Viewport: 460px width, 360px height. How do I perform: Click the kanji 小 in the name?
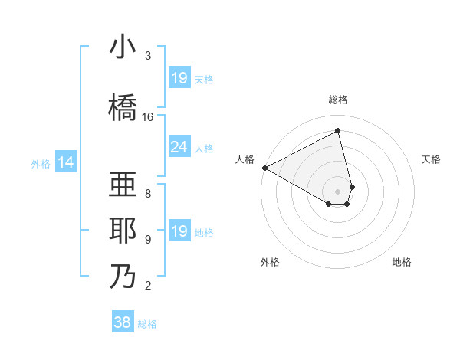(122, 48)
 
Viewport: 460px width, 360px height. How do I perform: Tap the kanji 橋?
(122, 106)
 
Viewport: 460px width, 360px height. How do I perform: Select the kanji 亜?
(122, 185)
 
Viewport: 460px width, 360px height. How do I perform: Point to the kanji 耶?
(122, 231)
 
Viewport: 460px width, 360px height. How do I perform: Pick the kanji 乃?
(122, 275)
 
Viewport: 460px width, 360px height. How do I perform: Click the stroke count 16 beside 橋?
(148, 117)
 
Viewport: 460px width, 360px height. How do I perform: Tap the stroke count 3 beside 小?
(148, 57)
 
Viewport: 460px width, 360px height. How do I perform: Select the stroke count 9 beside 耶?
(148, 240)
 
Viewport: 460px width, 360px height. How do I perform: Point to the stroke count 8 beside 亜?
(148, 193)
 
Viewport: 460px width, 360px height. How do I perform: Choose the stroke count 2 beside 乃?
(148, 286)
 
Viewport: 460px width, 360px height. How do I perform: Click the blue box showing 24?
(179, 147)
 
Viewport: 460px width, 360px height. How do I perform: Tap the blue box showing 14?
(66, 162)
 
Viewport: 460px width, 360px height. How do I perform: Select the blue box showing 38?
(123, 322)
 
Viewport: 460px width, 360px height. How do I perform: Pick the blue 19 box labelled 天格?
(179, 77)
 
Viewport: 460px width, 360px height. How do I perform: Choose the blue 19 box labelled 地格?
(179, 231)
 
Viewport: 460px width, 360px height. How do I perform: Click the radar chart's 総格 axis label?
(338, 100)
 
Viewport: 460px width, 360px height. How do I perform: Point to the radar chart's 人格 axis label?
(245, 159)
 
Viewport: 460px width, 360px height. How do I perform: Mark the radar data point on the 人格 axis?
(264, 168)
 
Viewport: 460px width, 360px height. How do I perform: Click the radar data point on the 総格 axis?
(338, 131)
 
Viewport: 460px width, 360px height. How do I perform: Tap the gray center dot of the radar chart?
(338, 191)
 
